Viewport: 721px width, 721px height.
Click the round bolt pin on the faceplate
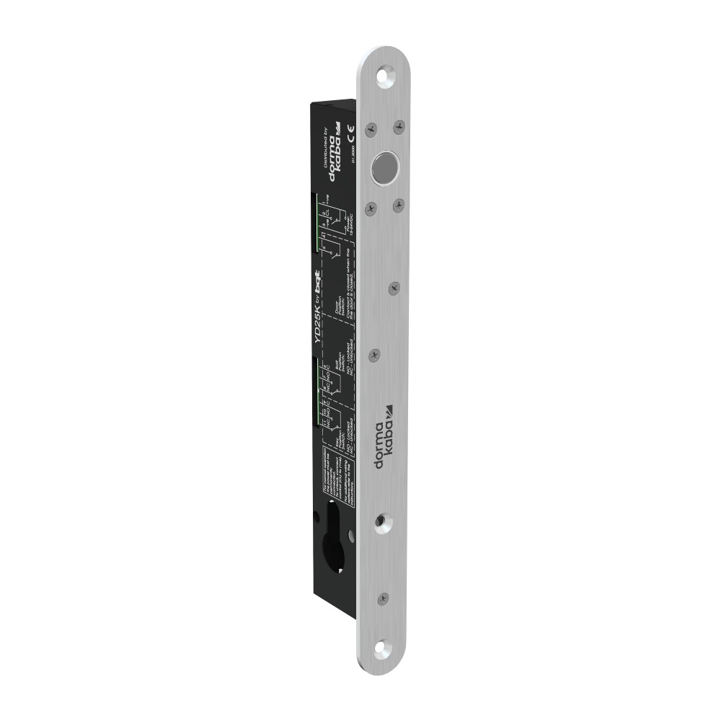click(x=384, y=167)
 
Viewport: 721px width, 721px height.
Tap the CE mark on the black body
click(x=350, y=133)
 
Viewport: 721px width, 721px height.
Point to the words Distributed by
click(x=324, y=154)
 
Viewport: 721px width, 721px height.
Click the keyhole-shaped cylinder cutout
click(x=333, y=537)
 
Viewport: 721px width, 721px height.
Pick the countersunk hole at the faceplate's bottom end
click(x=380, y=647)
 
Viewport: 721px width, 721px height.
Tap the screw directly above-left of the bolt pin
click(x=371, y=129)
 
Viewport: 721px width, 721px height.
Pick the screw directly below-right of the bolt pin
click(x=397, y=205)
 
